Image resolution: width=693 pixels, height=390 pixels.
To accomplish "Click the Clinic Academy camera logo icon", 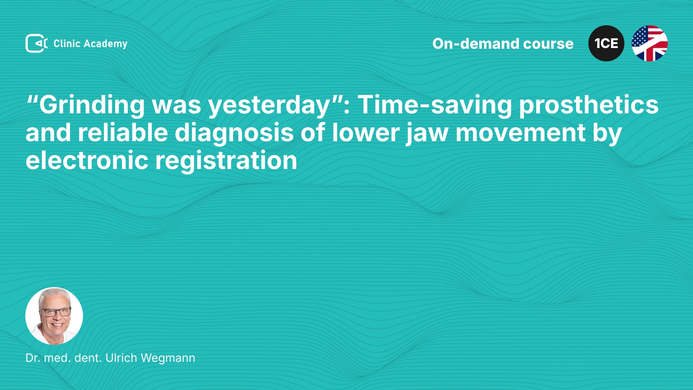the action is (x=36, y=43).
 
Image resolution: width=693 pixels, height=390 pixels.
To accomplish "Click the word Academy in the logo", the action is (x=105, y=44).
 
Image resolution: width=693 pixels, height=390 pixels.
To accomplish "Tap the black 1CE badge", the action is (x=606, y=43).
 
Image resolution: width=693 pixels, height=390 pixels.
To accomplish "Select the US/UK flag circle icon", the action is (x=650, y=43).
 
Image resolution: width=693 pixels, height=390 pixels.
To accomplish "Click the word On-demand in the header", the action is (x=476, y=44).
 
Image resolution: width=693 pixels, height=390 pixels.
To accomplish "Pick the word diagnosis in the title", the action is (x=234, y=133).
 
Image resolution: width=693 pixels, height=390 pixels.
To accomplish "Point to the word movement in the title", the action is (x=520, y=133).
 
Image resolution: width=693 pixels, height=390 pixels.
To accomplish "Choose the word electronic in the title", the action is (x=87, y=160).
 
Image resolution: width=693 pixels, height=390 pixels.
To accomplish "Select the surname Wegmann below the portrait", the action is (x=168, y=358).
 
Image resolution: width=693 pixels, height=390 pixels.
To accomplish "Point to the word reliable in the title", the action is (x=123, y=133).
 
